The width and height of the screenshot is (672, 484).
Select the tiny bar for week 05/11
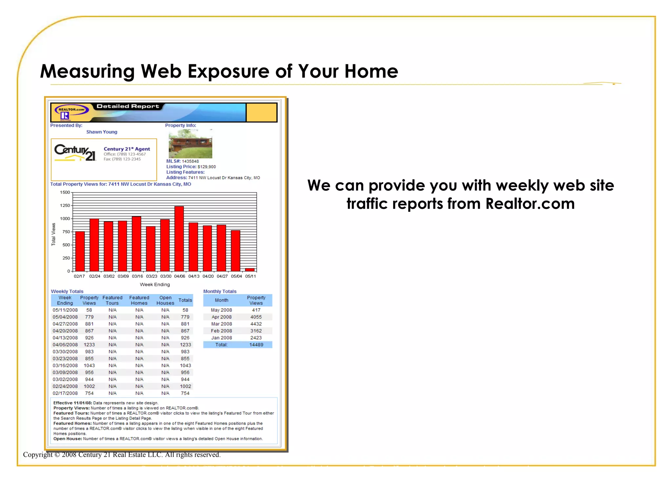[250, 270]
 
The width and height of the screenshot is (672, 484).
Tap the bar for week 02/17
[80, 251]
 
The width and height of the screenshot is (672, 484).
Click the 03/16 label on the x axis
[137, 276]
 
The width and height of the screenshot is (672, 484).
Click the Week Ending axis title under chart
[155, 285]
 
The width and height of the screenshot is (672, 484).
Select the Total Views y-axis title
[53, 234]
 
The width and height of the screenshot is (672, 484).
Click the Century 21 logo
[75, 153]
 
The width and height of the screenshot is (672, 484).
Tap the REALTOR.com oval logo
[72, 110]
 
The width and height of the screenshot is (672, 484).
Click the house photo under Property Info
[190, 144]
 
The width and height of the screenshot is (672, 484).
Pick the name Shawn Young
[102, 132]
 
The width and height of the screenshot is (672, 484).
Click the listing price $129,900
[207, 167]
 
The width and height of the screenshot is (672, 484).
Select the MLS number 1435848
[190, 161]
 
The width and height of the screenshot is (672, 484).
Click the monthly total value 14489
[256, 345]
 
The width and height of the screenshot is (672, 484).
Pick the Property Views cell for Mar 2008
[256, 324]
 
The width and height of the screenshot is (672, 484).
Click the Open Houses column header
[165, 300]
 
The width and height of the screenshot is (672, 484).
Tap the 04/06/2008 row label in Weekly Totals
[65, 345]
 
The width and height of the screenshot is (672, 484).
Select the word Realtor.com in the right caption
[530, 204]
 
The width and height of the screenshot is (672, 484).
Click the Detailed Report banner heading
[128, 106]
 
